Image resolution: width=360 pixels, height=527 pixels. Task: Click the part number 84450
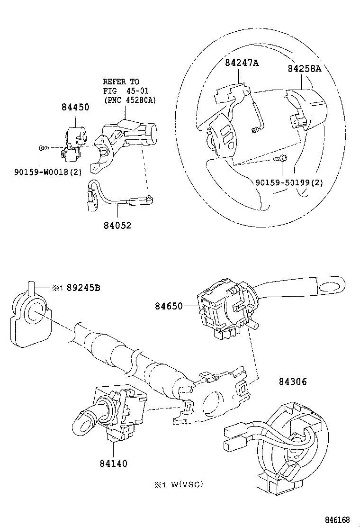click(75, 108)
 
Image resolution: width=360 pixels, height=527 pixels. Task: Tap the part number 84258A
click(304, 68)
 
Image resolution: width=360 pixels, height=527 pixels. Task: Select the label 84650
click(168, 306)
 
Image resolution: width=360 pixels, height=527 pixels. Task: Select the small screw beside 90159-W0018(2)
click(42, 148)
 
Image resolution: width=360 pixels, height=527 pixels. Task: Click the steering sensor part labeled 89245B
click(29, 316)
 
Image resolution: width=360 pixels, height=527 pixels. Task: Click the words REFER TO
click(121, 82)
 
